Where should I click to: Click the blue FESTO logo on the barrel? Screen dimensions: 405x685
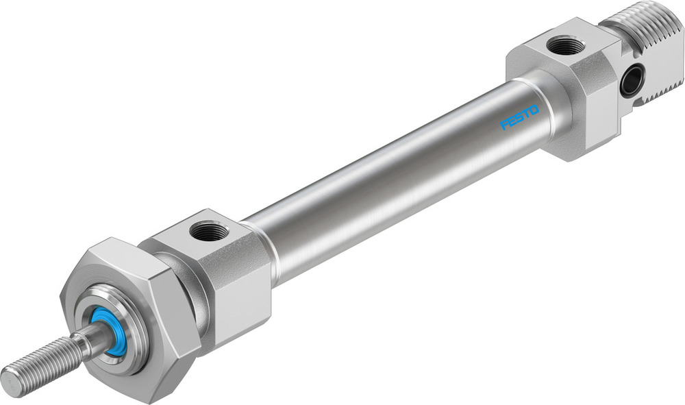pyautogui.click(x=520, y=117)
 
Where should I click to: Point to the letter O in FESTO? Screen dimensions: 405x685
pyautogui.click(x=534, y=110)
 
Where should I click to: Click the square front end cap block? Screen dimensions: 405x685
pyautogui.click(x=226, y=274)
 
